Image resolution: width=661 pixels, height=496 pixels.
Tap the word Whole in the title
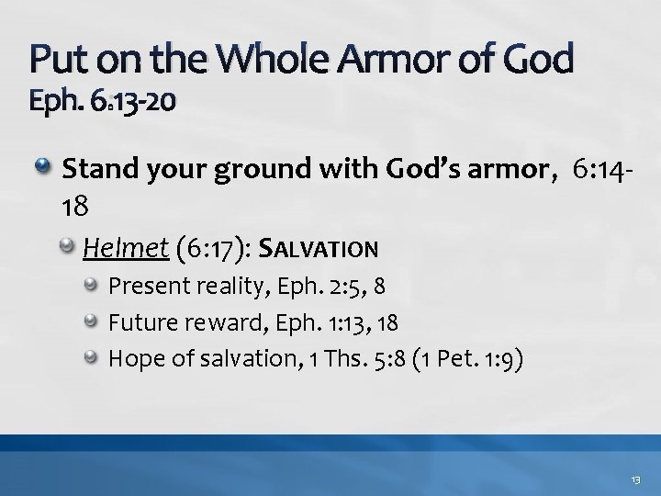[281, 59]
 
